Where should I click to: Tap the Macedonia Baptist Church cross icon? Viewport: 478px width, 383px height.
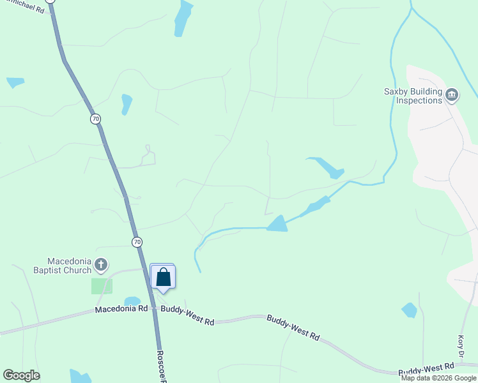tap(100, 264)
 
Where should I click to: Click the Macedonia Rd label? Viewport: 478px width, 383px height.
tap(121, 309)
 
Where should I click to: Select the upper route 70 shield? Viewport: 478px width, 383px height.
tap(95, 119)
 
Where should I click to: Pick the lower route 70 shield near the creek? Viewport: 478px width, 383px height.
tap(137, 242)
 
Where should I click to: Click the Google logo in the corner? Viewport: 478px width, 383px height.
tap(21, 375)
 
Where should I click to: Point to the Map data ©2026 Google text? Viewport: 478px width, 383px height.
tap(439, 378)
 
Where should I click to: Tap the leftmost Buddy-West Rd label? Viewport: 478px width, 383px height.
tap(187, 315)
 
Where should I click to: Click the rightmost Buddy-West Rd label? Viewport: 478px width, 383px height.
tap(426, 369)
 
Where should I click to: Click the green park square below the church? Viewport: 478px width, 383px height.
tap(102, 286)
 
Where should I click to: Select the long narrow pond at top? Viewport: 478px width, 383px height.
tap(183, 18)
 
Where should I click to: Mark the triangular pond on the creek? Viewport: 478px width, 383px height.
tap(277, 223)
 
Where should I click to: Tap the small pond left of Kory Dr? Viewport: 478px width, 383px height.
tap(409, 310)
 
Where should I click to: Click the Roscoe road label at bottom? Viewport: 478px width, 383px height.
tap(162, 366)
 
